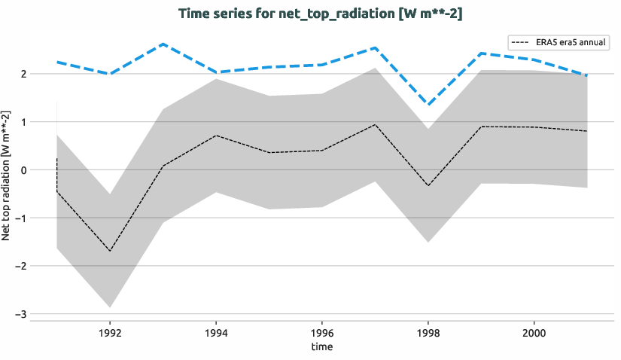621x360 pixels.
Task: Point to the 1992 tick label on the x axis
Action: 110,331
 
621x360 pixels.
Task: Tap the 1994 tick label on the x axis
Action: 216,331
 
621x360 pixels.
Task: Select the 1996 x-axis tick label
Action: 322,331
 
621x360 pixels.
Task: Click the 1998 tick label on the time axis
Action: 428,331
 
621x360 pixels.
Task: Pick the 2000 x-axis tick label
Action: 534,331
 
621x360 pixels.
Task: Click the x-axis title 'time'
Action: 321,346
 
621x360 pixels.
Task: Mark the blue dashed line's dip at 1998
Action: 428,105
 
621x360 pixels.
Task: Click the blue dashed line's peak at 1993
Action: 163,44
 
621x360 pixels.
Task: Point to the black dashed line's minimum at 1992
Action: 110,251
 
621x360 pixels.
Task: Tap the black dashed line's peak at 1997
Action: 375,124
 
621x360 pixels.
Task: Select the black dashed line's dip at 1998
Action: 428,185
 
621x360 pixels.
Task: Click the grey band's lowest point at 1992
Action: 110,307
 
